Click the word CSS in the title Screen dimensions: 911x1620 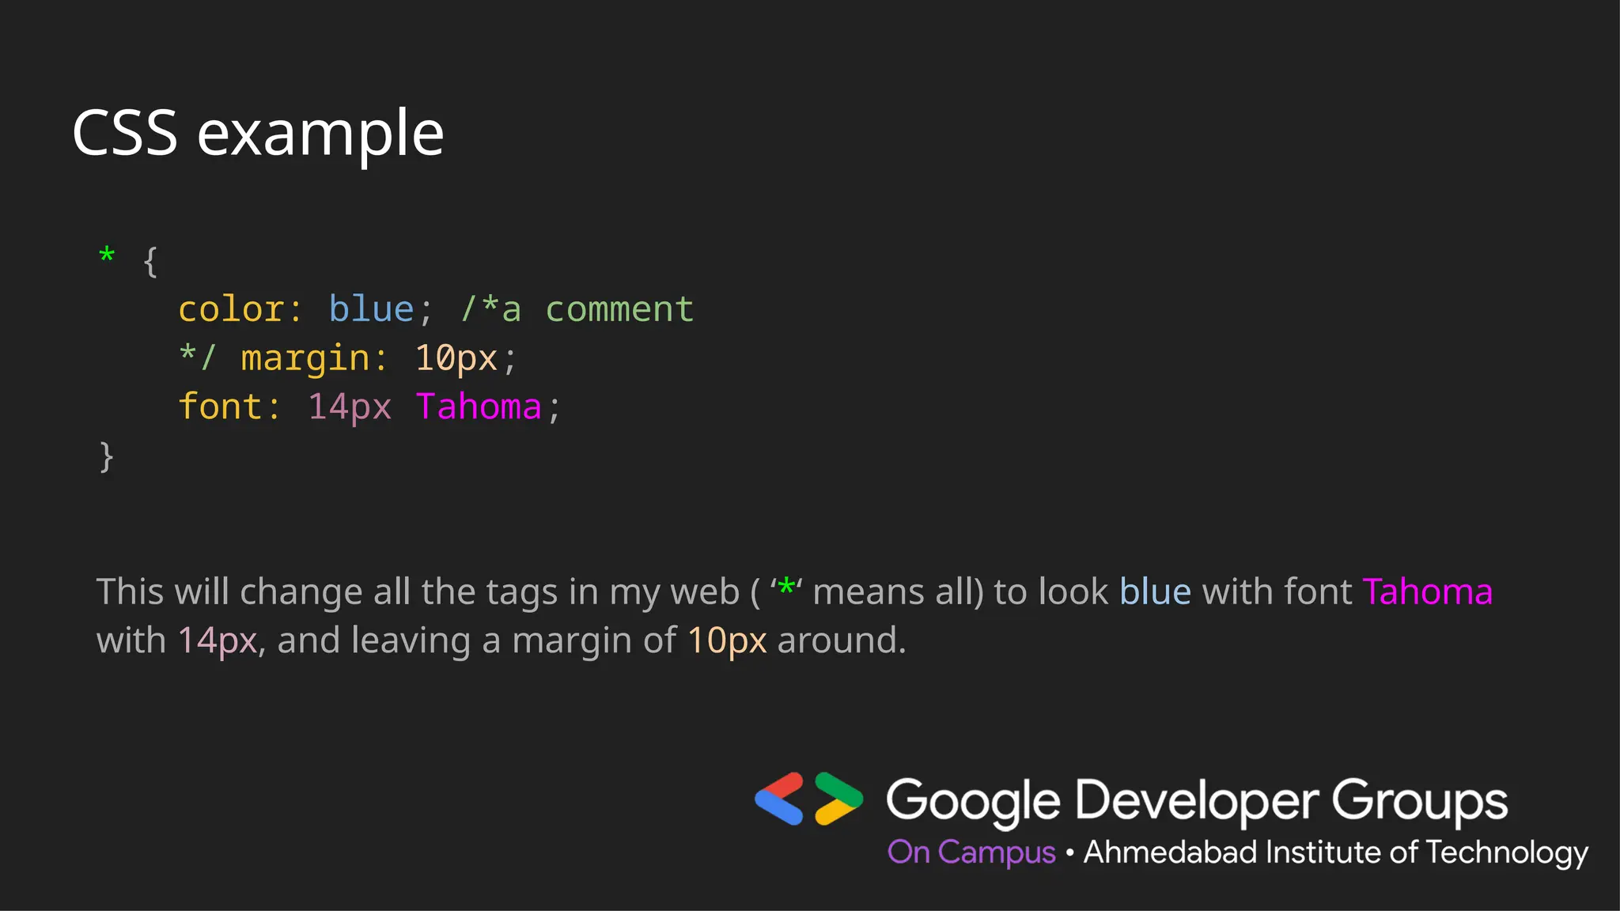[124, 133]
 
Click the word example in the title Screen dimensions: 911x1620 [320, 134]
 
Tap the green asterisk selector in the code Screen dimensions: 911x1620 [107, 256]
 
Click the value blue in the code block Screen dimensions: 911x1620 [371, 309]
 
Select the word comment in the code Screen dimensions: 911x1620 [619, 309]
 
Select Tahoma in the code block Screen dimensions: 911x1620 [479, 406]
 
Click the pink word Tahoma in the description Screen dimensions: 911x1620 [1427, 592]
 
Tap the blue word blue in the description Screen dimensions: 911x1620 [1155, 592]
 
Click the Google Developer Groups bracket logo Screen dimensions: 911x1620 [808, 799]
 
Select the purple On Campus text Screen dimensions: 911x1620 [971, 852]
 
